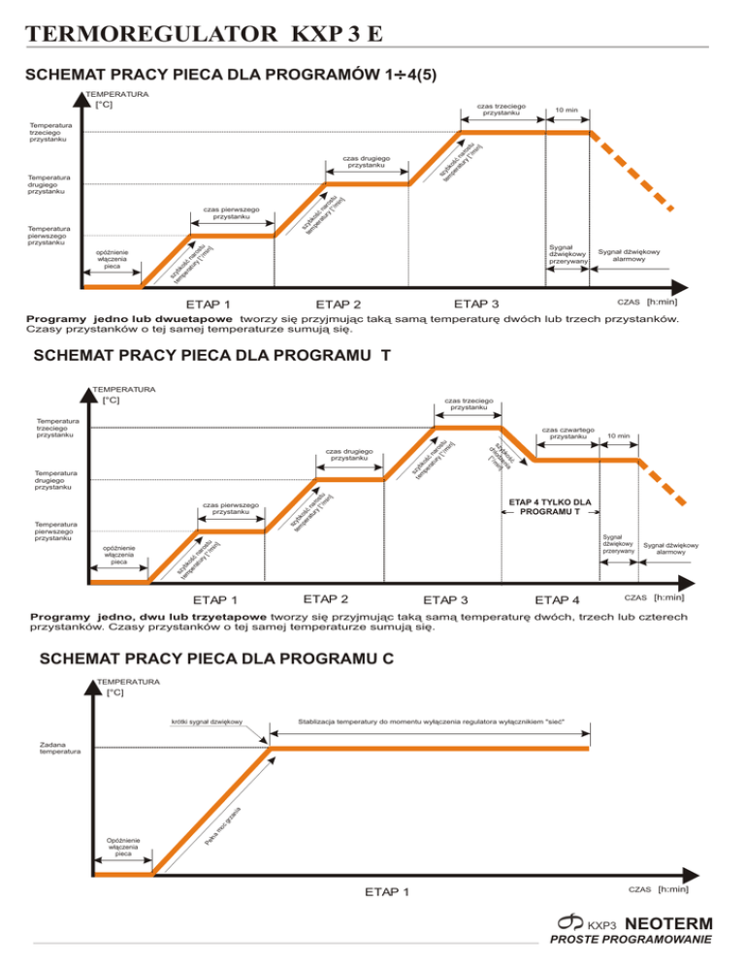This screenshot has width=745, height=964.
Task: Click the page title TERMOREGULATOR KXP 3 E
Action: (x=204, y=37)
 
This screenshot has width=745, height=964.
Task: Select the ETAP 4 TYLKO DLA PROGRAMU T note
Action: (x=550, y=506)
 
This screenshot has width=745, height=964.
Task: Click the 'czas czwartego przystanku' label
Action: (x=569, y=434)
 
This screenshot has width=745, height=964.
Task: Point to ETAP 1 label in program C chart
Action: (x=386, y=891)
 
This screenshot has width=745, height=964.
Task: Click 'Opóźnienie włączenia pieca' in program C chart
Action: (x=124, y=847)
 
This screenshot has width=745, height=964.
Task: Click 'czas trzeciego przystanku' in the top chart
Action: (x=502, y=109)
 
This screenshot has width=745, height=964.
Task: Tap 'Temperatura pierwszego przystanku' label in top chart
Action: (x=51, y=236)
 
